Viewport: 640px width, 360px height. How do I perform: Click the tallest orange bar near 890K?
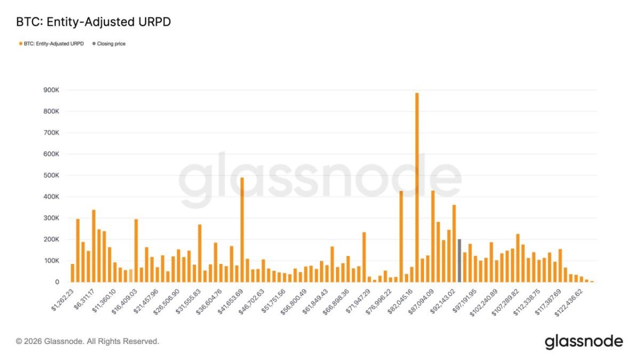[x=417, y=187]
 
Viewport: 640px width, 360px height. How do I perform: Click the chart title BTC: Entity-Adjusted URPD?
[x=93, y=22]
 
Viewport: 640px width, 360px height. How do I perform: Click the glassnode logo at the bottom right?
[x=583, y=341]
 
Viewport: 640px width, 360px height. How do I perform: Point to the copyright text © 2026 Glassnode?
[x=87, y=341]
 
